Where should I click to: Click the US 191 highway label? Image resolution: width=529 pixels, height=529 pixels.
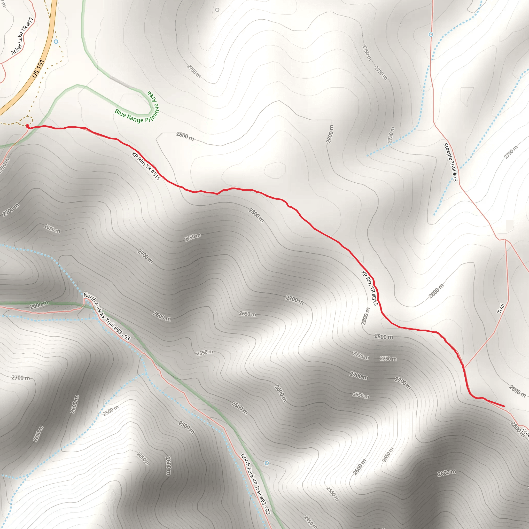[38, 68]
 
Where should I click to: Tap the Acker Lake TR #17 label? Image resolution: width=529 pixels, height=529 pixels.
[22, 36]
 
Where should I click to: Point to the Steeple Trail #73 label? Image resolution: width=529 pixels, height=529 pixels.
[450, 162]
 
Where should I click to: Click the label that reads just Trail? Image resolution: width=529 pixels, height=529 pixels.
[501, 308]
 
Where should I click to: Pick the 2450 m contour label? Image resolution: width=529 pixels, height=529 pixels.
[311, 522]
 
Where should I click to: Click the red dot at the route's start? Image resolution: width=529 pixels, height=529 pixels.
[27, 126]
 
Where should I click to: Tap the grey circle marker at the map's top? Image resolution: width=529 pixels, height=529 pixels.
[217, 10]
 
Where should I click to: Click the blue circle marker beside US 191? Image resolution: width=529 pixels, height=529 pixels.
[56, 42]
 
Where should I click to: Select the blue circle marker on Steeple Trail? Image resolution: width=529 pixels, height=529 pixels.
[431, 35]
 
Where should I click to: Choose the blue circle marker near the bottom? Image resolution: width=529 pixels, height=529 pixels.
[267, 463]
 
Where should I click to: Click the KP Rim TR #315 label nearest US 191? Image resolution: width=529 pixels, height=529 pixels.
[146, 166]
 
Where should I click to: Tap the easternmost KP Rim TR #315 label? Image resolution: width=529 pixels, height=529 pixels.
[370, 288]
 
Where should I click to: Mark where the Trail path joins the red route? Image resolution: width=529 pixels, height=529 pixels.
[464, 368]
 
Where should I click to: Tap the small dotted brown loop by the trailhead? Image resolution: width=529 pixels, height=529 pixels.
[27, 120]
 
